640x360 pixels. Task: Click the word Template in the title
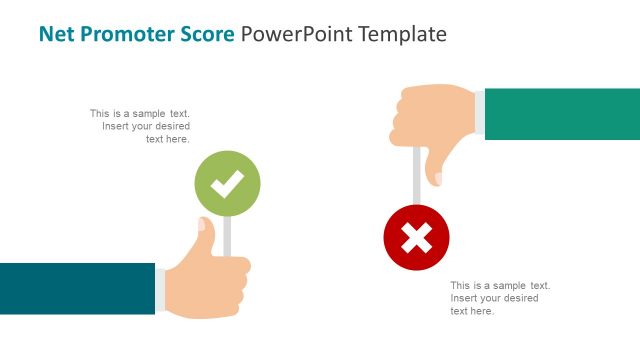coord(398,34)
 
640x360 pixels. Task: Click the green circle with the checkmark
coord(227,183)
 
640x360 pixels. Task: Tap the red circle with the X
coord(416,237)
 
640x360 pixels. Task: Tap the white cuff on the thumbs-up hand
coord(161,290)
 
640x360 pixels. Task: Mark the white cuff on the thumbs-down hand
coord(479,114)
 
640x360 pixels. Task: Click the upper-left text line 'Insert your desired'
coord(146,127)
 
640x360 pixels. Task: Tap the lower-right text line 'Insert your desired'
coord(494,298)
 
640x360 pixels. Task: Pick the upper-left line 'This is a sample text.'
coord(140,114)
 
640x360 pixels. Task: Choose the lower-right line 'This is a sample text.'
coord(500,285)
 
